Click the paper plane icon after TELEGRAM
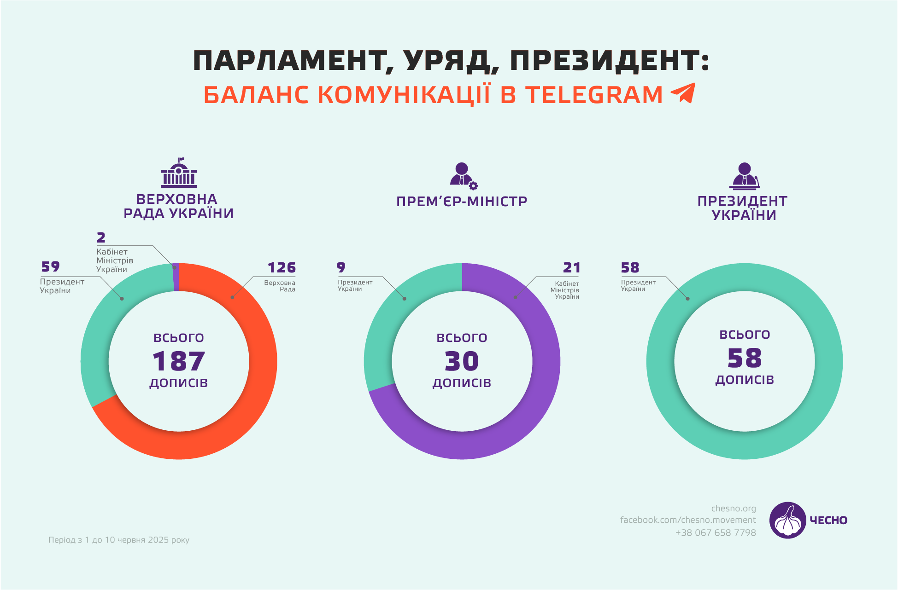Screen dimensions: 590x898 tap(683, 93)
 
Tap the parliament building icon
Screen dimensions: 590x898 tap(179, 173)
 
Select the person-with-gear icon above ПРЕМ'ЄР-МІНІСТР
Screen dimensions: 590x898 tap(463, 176)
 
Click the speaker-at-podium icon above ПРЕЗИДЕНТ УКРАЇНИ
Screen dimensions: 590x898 tap(744, 176)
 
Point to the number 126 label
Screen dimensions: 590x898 tap(282, 267)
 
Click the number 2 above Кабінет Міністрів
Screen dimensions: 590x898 tap(101, 237)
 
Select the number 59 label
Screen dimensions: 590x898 tap(51, 266)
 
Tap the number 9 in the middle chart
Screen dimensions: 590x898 tap(341, 267)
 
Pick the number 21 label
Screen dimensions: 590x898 tap(571, 267)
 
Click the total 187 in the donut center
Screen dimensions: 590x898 tap(179, 361)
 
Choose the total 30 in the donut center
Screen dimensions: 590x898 tap(462, 361)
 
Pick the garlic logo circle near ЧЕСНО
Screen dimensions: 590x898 tap(787, 520)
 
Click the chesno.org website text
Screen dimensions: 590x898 tap(734, 509)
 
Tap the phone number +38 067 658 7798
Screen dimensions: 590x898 tap(716, 532)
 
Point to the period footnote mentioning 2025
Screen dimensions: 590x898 tap(119, 540)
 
